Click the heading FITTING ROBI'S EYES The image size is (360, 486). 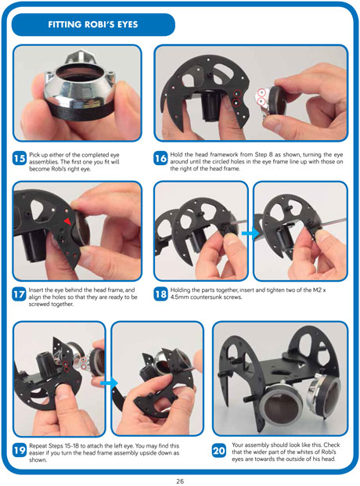pos(92,24)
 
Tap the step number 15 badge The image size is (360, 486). pos(20,158)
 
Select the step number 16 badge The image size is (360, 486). pos(160,158)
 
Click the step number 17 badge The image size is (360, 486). pos(20,293)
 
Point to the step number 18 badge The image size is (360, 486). pos(160,293)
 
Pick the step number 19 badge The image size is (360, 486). pos(20,450)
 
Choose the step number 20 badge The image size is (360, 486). pos(219,450)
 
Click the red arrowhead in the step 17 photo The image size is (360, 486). pos(67,221)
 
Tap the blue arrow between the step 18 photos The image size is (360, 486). pos(250,232)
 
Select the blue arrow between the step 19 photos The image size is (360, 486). pos(109,383)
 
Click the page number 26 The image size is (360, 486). pos(180,481)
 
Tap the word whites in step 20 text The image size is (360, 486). pos(304,452)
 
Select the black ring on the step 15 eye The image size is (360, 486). pos(81,109)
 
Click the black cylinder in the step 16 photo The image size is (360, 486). pos(211,106)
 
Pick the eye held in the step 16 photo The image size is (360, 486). pos(273,102)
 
